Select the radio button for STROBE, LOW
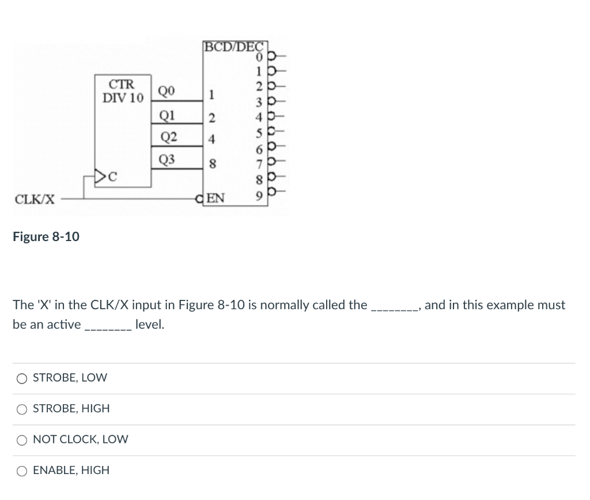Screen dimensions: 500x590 click(x=22, y=378)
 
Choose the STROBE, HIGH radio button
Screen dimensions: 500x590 click(x=22, y=409)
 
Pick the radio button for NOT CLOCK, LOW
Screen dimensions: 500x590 click(x=22, y=439)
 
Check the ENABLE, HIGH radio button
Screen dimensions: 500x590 click(x=22, y=471)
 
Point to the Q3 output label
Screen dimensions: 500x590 click(x=166, y=159)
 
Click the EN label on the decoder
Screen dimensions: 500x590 click(x=215, y=200)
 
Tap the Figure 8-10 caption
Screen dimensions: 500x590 click(x=46, y=236)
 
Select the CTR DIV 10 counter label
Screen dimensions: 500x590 click(x=123, y=91)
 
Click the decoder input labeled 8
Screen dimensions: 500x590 click(x=212, y=164)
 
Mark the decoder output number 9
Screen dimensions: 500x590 click(x=262, y=199)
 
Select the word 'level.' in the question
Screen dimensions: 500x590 click(x=150, y=325)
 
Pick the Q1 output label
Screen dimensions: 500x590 click(x=166, y=114)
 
